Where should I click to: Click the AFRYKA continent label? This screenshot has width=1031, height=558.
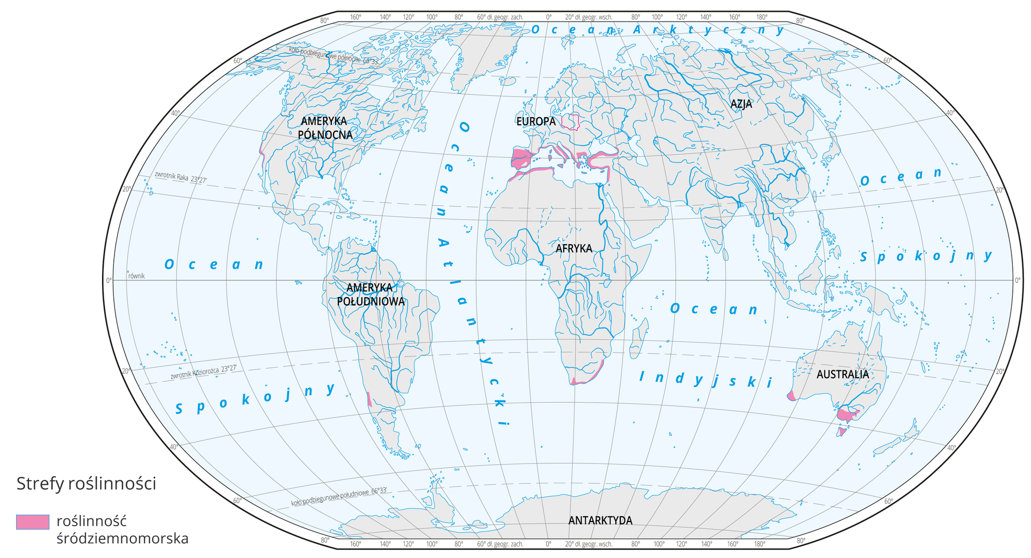click(x=573, y=248)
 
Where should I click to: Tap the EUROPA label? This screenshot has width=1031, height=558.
click(x=536, y=121)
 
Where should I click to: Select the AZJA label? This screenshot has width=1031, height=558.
click(x=741, y=104)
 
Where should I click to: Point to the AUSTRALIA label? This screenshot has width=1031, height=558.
click(x=842, y=374)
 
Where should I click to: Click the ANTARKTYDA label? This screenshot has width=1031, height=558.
click(x=600, y=520)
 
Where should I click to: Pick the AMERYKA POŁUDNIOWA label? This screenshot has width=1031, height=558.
click(x=371, y=295)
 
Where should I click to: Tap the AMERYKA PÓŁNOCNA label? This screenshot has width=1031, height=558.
click(x=325, y=128)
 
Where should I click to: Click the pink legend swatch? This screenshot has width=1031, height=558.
click(x=33, y=522)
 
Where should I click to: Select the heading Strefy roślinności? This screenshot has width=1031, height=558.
click(x=86, y=483)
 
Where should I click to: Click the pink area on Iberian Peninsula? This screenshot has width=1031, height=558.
click(x=520, y=159)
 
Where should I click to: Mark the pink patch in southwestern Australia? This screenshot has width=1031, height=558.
click(x=791, y=396)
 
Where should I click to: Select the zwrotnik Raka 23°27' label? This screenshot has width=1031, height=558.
click(x=180, y=177)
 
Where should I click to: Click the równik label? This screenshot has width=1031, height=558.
click(x=136, y=276)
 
